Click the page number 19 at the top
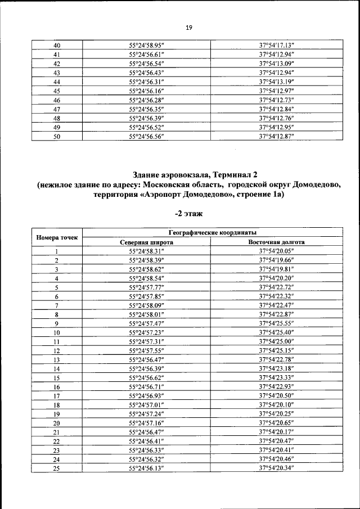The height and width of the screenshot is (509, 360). tap(188, 26)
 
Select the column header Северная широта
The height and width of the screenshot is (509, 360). tap(146, 242)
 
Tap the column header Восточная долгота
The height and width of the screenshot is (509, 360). tap(277, 242)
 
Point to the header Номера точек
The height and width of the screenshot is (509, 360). tap(57, 237)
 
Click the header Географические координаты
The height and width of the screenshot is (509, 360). tap(213, 232)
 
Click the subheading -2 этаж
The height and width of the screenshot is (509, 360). tap(188, 214)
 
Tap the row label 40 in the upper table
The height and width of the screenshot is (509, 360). tap(57, 45)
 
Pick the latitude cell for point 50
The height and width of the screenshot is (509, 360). tap(146, 136)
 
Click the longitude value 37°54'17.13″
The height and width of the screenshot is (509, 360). tap(277, 45)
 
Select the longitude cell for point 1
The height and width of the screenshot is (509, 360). tap(277, 252)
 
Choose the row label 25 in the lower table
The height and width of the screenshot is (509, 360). tap(57, 468)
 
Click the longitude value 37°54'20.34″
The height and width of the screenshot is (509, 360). tap(277, 468)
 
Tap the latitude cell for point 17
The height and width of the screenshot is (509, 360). tap(146, 396)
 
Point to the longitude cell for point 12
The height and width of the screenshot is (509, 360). tap(277, 350)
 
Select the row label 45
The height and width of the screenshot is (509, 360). tap(57, 91)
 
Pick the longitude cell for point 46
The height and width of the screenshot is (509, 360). tap(277, 100)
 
